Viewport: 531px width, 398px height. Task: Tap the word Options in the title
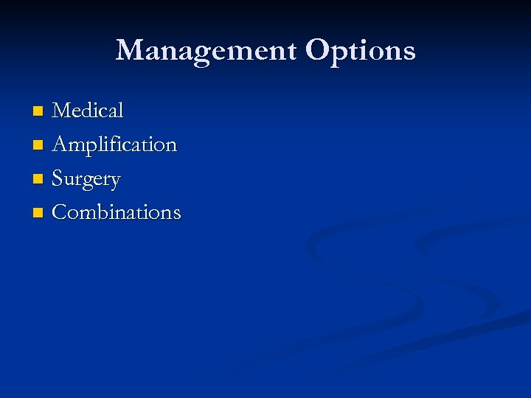coord(361,50)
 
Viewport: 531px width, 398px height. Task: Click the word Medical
coord(88,111)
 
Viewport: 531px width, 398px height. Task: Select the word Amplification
coord(114,144)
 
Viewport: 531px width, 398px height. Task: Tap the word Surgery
coord(86,179)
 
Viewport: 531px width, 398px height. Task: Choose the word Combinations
coord(117,212)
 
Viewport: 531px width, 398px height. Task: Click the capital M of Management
coord(130,50)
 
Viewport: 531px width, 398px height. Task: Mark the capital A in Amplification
coord(60,144)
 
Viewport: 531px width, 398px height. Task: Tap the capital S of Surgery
coord(58,178)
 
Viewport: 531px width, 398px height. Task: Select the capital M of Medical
coord(63,111)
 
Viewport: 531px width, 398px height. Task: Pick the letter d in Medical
coord(91,111)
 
